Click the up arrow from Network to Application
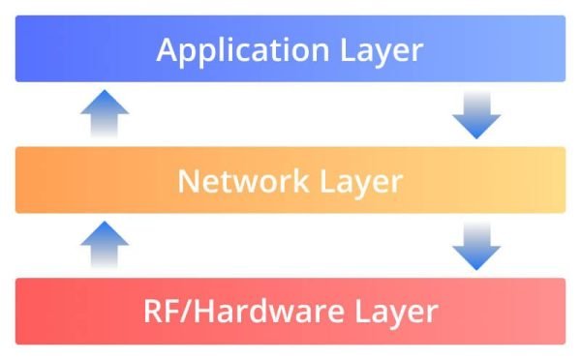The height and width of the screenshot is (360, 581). tap(104, 114)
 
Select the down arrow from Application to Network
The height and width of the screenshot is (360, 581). tap(476, 114)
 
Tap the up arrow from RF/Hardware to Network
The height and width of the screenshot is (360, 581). tap(104, 245)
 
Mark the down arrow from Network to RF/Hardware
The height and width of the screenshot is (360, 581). tap(476, 245)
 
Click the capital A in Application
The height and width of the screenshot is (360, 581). tap(168, 49)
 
